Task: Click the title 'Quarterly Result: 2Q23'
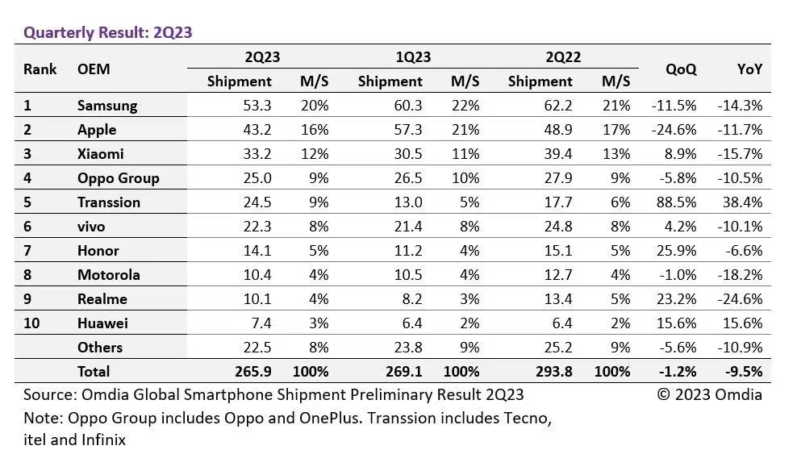(x=107, y=33)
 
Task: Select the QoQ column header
(x=681, y=69)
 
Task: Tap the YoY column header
(x=749, y=69)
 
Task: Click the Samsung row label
(x=107, y=106)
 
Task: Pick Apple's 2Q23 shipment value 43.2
(x=256, y=130)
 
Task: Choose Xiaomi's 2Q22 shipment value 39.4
(x=557, y=154)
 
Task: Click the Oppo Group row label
(x=118, y=178)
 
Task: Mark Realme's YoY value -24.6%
(x=739, y=299)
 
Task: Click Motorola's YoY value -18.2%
(x=739, y=275)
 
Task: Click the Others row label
(x=100, y=348)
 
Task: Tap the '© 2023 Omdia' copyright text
(x=709, y=394)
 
